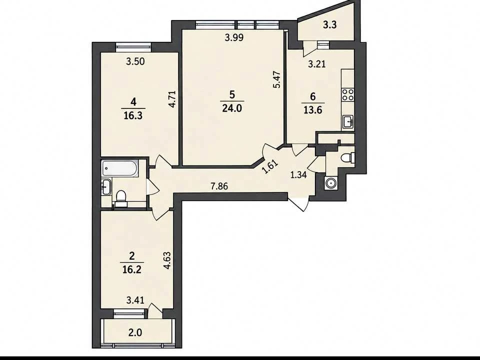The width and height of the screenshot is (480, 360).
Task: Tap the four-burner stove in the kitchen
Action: click(348, 94)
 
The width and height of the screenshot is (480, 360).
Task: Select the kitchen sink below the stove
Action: click(348, 121)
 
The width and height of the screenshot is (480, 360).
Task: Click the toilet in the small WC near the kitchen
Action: click(348, 157)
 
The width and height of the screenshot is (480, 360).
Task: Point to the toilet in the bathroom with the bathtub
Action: click(121, 196)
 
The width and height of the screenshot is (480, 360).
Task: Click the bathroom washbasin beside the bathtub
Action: click(106, 186)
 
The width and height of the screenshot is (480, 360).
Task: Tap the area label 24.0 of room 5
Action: click(232, 108)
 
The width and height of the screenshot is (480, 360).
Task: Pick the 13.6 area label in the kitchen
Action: click(312, 110)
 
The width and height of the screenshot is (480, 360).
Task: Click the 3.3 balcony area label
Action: click(329, 25)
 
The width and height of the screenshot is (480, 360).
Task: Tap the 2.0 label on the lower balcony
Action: click(135, 332)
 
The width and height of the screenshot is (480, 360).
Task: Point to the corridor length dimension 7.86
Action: click(219, 186)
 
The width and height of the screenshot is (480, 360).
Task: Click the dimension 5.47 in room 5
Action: click(277, 79)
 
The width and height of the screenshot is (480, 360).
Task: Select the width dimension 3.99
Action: click(234, 37)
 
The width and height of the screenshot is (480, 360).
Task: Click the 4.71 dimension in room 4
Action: click(172, 98)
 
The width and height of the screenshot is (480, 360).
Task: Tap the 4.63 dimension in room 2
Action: click(167, 260)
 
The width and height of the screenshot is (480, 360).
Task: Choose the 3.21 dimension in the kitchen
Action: click(316, 64)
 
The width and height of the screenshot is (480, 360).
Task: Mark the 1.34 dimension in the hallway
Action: click(298, 175)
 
